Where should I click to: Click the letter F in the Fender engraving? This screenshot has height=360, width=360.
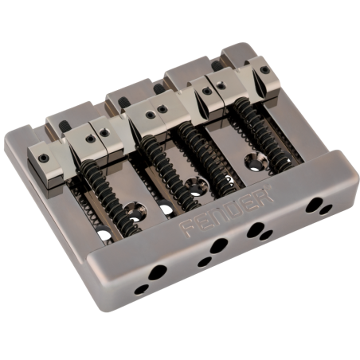point(186,228)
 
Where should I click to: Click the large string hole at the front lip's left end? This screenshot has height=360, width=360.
point(158,272)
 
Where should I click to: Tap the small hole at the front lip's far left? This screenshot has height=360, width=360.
point(141,290)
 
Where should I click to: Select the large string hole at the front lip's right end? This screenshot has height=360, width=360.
point(314,205)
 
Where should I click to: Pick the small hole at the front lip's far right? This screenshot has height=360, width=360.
point(326,209)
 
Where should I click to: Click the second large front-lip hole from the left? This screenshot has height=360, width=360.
point(219,245)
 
